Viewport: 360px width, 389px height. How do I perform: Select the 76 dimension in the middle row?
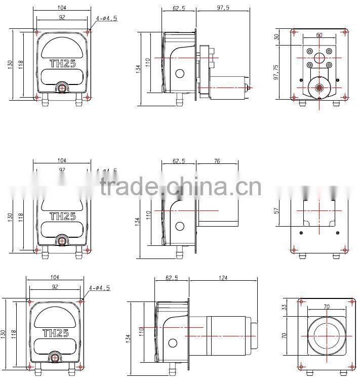217,161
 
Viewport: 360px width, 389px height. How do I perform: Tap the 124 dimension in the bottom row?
223,278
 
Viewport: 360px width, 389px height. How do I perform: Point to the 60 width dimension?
318,35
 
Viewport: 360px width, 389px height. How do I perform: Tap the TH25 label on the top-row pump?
62,64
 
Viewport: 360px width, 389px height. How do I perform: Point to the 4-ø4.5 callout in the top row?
107,19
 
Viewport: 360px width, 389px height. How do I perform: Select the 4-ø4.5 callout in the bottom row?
99,288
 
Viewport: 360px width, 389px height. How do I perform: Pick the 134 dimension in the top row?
138,69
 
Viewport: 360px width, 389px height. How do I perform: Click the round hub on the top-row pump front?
62,88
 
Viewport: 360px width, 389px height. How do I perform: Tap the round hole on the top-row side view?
179,73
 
